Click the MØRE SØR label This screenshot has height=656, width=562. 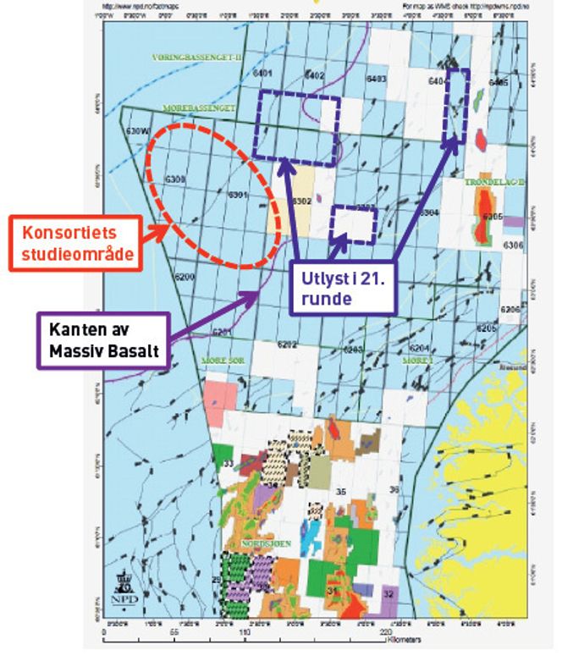(222, 361)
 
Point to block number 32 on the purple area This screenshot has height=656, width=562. (388, 594)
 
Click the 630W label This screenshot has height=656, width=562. (137, 131)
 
